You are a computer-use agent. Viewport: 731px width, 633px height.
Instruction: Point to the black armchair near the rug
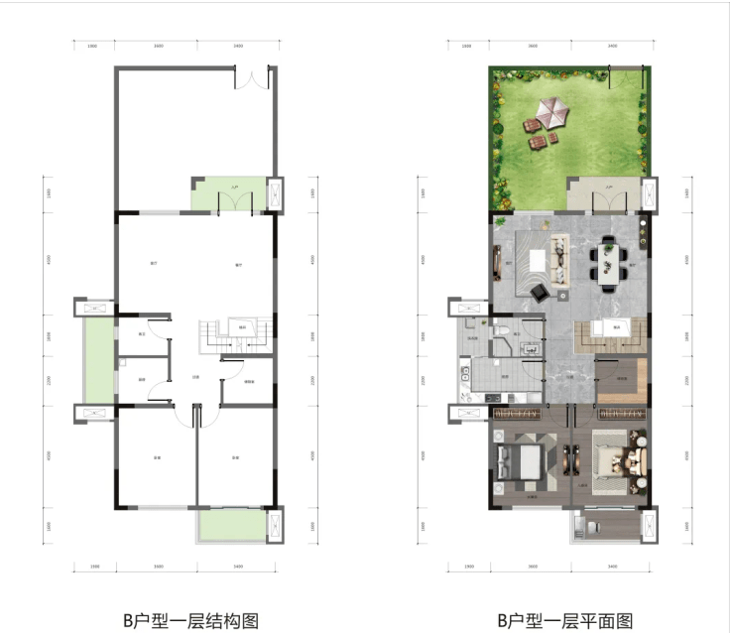pyautogui.click(x=542, y=291)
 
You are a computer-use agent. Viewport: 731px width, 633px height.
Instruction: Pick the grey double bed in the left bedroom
pyautogui.click(x=520, y=461)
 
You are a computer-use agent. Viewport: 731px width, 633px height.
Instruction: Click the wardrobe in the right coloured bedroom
pyautogui.click(x=620, y=413)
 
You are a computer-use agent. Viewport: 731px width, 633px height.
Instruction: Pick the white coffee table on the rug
pyautogui.click(x=539, y=261)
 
